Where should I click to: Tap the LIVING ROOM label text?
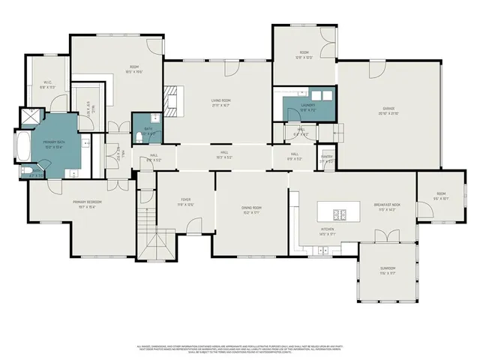pos(220,102)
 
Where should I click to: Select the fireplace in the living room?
pos(173,100)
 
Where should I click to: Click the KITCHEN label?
pos(328,231)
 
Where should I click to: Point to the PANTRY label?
pos(327,158)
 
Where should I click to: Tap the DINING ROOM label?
pos(251,209)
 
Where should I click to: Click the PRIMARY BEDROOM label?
pos(87,203)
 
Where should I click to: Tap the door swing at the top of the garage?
pos(373,71)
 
